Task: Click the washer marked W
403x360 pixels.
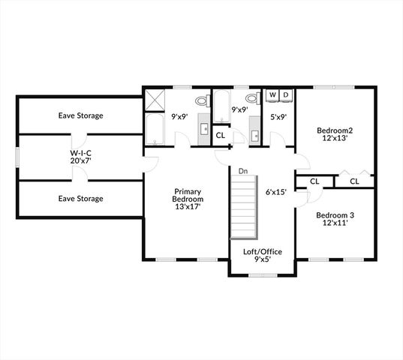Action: tap(272, 95)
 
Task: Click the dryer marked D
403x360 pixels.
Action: tap(285, 95)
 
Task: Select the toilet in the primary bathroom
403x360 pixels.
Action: tap(201, 100)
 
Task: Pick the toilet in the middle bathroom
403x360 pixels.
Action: tap(253, 100)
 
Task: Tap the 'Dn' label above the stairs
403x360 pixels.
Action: tap(243, 172)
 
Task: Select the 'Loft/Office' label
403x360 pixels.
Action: tap(263, 251)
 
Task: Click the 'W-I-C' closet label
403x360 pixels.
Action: tap(80, 156)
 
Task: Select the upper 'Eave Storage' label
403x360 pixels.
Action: tap(81, 115)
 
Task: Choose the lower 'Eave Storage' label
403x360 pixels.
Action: tap(81, 198)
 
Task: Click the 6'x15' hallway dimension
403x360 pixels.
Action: tap(276, 191)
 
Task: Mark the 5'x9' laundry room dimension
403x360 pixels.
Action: tap(278, 116)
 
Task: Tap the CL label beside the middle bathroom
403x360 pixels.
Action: tap(221, 135)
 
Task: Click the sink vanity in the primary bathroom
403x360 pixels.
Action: tap(205, 127)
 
